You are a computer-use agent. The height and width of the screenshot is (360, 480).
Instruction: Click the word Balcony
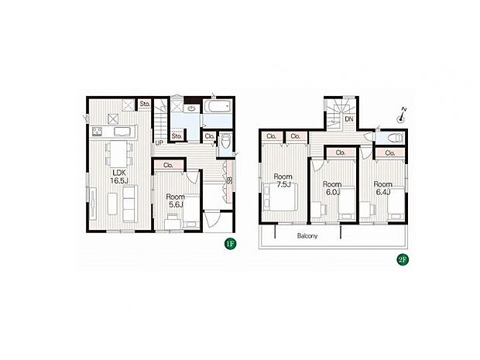coord(307,235)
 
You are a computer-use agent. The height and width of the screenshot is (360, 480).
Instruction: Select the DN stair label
coord(349,119)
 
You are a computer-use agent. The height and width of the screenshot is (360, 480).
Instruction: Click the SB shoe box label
coord(230,181)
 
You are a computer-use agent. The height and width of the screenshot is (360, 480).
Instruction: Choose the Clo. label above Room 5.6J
coord(169,165)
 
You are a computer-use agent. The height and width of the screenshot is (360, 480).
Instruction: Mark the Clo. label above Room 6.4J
coord(389,153)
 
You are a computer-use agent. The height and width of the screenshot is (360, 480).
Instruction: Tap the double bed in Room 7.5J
coord(282,201)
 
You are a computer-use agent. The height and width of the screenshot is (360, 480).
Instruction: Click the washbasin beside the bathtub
coord(191,109)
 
